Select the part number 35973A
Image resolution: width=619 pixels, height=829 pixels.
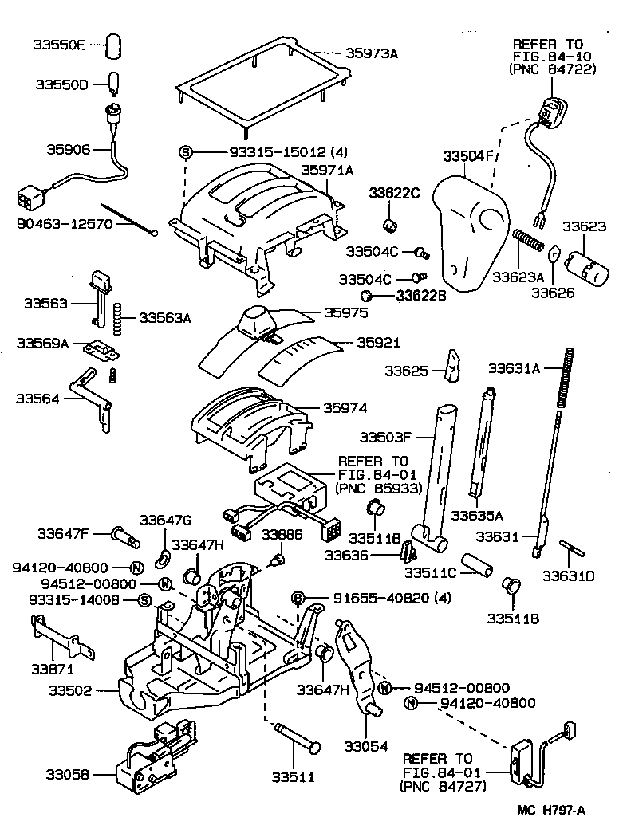(x=371, y=53)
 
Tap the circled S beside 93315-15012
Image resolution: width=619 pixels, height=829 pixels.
(x=186, y=152)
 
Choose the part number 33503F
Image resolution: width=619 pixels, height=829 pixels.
(x=386, y=437)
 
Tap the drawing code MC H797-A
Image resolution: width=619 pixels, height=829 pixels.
(x=551, y=811)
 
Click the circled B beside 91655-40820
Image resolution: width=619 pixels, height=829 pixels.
(x=298, y=599)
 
